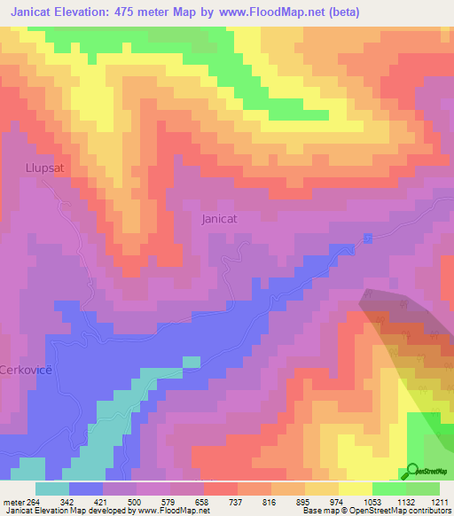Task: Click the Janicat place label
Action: pyautogui.click(x=220, y=218)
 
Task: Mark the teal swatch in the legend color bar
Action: pyautogui.click(x=52, y=489)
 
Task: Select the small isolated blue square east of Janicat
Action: pyautogui.click(x=367, y=238)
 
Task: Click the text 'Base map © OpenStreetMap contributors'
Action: pyautogui.click(x=372, y=511)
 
